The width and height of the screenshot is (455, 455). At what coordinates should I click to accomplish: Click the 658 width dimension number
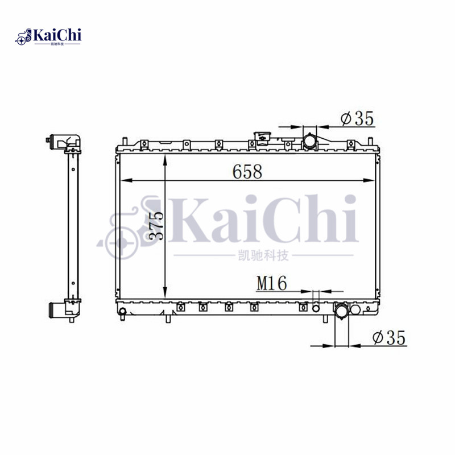[246, 171]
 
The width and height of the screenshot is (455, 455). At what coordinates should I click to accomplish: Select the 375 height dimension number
[158, 225]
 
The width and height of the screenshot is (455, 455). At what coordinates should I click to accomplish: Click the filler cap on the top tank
[262, 138]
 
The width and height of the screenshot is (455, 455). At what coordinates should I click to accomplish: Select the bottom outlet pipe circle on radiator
[342, 311]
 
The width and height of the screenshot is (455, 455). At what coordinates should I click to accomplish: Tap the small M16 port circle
[317, 308]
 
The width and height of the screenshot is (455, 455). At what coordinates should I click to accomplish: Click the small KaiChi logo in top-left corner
[48, 37]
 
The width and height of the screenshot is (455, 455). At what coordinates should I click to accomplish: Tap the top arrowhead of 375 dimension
[164, 159]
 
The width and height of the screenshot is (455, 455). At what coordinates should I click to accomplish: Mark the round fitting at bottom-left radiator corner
[122, 311]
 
